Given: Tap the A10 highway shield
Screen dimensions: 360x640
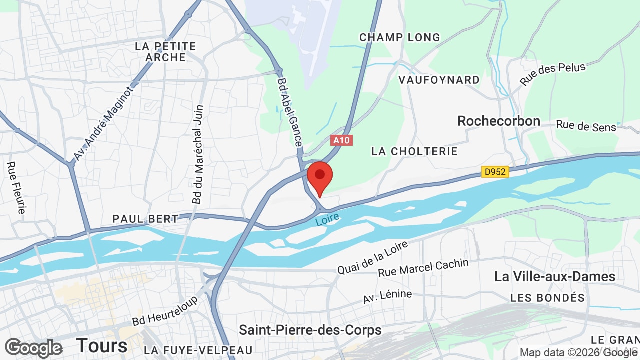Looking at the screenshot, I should point(342,140).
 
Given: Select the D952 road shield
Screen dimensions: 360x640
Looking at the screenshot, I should point(495,172).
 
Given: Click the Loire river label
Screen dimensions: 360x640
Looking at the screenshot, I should point(328,219).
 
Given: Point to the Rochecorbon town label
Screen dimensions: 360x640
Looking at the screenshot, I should point(499,121).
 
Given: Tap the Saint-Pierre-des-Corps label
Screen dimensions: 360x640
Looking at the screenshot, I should point(310,330).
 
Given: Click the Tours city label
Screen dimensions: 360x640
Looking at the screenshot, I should point(102,345).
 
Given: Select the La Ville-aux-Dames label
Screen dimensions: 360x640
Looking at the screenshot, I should point(555,276).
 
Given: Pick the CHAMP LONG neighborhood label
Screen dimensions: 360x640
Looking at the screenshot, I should point(400,37).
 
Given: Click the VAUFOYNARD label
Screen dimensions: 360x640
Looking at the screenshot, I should point(439,80).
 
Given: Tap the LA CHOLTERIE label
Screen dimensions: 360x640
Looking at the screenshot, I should point(414,151).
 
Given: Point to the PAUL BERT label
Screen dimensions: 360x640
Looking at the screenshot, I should point(145,219).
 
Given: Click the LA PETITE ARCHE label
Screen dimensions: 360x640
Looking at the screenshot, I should point(166,52).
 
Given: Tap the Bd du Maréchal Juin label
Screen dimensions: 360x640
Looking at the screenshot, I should point(198,154).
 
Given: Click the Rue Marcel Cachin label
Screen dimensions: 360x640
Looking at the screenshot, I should point(423,268).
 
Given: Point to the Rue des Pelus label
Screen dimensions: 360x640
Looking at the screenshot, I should point(552,74).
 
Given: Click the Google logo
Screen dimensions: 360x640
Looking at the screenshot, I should point(34,348).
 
